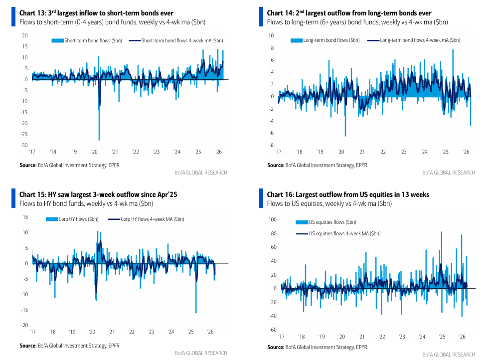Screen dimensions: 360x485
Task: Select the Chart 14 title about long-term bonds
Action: point(349,13)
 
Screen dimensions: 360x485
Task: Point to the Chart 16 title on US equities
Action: point(347,194)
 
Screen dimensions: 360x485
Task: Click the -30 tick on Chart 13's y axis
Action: point(24,145)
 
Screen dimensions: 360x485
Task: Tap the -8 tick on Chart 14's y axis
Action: point(272,145)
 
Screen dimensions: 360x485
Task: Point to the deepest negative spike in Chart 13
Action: point(99,140)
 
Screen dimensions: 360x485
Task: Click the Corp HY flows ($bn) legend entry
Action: point(73,219)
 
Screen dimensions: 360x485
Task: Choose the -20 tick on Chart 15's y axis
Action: point(24,325)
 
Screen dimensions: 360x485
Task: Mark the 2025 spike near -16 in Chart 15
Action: point(196,313)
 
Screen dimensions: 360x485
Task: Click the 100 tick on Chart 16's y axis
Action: point(272,219)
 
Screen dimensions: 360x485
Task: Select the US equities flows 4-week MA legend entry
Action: point(338,233)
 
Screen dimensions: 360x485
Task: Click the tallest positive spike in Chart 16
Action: point(441,232)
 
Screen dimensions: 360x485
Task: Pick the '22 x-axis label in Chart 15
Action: point(132,332)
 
